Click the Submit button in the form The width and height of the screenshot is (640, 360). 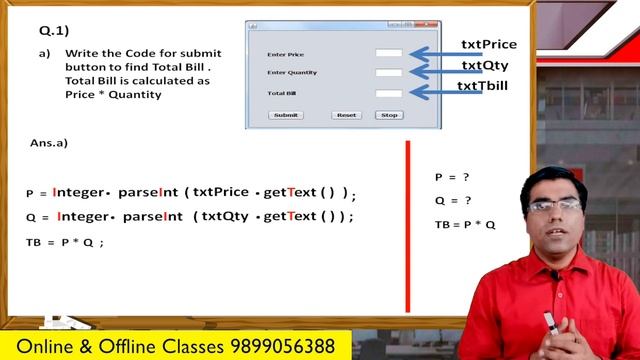tap(286, 115)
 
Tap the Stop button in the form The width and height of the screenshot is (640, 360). tap(389, 115)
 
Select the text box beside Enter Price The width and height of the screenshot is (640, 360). tap(389, 53)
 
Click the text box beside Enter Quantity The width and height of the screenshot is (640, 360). tap(389, 73)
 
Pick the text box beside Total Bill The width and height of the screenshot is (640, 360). tap(389, 93)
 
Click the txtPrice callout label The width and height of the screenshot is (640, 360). tap(489, 45)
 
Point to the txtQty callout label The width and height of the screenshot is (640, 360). tap(485, 66)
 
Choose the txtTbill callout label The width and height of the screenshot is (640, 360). tap(483, 86)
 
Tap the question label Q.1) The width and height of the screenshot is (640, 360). tap(39, 30)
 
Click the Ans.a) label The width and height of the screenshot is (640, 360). tap(49, 143)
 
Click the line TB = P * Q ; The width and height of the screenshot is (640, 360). tap(65, 242)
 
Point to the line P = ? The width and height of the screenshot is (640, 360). tap(452, 177)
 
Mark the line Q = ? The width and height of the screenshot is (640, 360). tap(452, 200)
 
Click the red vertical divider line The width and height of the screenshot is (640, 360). tap(407, 225)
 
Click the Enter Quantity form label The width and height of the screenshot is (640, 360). tap(292, 73)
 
